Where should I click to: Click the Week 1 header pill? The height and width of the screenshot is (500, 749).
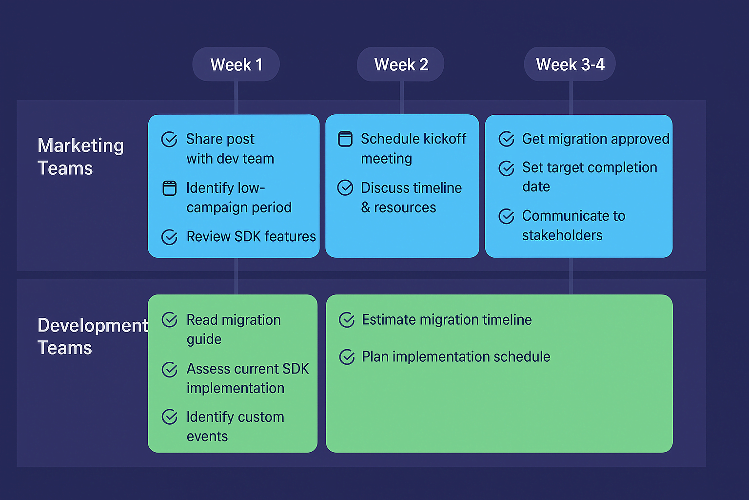coord(236,64)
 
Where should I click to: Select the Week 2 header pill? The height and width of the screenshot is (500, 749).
coord(401,64)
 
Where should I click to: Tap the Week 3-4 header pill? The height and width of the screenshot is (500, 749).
coord(570,64)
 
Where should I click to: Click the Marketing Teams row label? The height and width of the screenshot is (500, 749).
coord(80,157)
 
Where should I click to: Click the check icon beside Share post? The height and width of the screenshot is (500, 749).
coord(169,140)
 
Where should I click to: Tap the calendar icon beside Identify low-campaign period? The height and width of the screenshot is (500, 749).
coord(169,188)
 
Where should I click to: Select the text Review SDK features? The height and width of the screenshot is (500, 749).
coord(251,237)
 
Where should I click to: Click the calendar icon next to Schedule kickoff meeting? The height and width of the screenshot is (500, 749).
coord(345,139)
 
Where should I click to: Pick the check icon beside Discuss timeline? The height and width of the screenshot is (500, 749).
coord(345,188)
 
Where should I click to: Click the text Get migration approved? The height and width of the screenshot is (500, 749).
coord(595,139)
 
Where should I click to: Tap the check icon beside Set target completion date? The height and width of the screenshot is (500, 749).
coord(507,168)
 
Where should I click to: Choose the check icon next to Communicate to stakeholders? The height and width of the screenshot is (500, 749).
coord(507,216)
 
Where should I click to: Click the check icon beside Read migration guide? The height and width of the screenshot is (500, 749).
coord(170,320)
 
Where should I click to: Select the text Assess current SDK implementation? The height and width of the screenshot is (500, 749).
coord(247,378)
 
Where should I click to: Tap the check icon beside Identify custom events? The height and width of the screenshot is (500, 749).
coord(170,417)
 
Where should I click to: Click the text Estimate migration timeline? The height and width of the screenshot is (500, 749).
coord(447,320)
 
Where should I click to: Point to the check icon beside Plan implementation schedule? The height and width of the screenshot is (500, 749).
coord(347,357)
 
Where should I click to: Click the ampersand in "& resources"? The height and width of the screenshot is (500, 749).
coord(366,208)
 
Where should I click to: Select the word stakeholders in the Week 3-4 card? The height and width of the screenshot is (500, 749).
coord(562,235)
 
